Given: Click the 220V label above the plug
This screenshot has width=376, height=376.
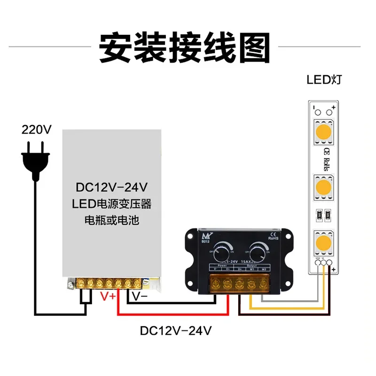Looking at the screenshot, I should tap(36, 129).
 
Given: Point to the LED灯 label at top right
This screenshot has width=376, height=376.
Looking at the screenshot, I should tap(324, 78).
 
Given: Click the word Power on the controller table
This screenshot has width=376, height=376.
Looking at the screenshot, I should tap(222, 265).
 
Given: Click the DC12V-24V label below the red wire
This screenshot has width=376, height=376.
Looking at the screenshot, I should tap(176, 330).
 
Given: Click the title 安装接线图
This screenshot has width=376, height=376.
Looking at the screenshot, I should tap(185, 47).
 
